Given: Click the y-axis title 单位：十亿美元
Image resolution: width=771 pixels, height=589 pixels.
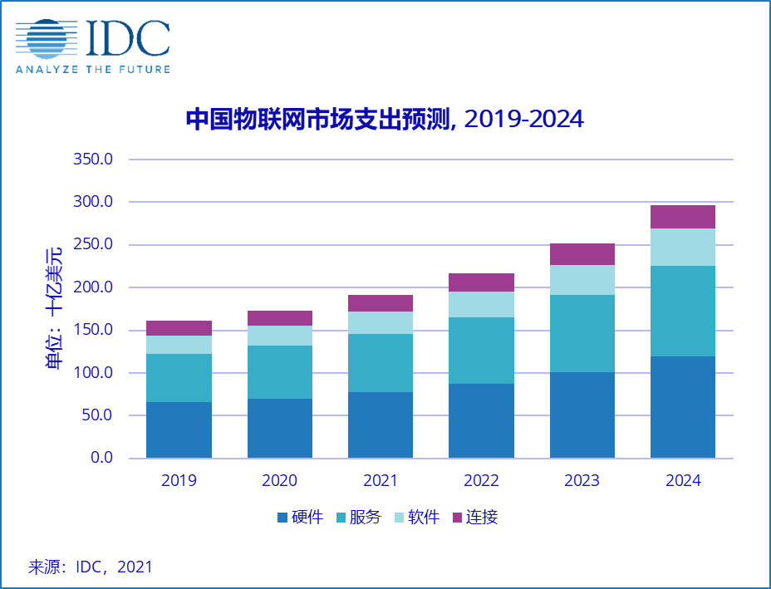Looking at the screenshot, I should pyautogui.click(x=55, y=308).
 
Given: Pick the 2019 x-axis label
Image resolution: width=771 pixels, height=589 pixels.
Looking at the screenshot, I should pyautogui.click(x=179, y=481).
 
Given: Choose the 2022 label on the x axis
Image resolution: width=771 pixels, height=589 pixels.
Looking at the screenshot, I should pyautogui.click(x=481, y=481).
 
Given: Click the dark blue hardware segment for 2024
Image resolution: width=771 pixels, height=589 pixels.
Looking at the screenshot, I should pyautogui.click(x=683, y=407).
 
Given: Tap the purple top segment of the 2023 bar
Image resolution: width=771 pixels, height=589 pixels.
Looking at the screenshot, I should pyautogui.click(x=582, y=254).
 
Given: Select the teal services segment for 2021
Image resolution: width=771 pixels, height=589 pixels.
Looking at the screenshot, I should pyautogui.click(x=381, y=363).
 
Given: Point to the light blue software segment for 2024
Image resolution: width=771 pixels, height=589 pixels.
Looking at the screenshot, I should pyautogui.click(x=683, y=247).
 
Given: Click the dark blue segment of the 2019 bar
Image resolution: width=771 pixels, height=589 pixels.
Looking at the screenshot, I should pyautogui.click(x=179, y=429).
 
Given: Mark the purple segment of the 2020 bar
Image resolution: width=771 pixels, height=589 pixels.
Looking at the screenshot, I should pyautogui.click(x=280, y=318).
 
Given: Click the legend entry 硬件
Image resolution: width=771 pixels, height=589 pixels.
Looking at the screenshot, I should pyautogui.click(x=300, y=518).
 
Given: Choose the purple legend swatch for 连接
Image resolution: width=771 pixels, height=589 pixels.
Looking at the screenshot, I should pyautogui.click(x=456, y=518).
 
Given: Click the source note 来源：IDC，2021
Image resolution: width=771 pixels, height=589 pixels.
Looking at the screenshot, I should pyautogui.click(x=91, y=567).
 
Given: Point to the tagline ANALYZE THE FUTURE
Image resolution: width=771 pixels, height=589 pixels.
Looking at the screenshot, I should pyautogui.click(x=93, y=69).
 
